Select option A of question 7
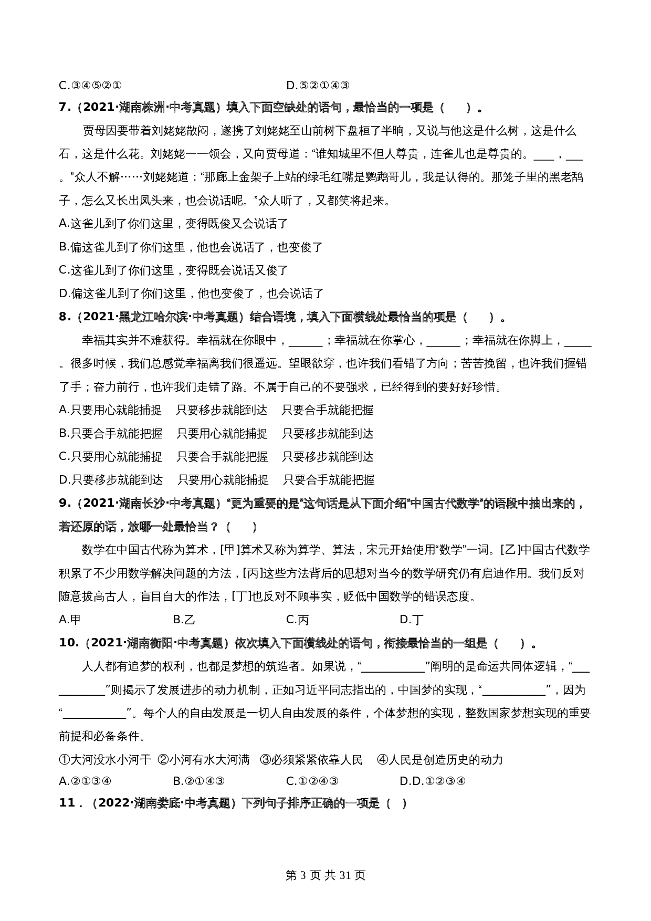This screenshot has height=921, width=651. click(x=173, y=224)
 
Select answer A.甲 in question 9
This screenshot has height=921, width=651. click(x=70, y=620)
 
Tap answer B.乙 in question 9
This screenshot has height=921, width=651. click(x=184, y=620)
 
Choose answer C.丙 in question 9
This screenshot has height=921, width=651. click(x=297, y=620)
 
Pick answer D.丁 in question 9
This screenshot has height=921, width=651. click(x=411, y=620)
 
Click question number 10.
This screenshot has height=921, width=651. click(x=68, y=643)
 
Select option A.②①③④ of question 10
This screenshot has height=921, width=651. click(x=85, y=781)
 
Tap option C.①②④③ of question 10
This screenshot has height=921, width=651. click(x=312, y=781)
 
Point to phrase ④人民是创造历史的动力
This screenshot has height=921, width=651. click(x=440, y=759)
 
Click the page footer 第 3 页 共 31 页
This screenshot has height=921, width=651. click(x=325, y=875)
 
